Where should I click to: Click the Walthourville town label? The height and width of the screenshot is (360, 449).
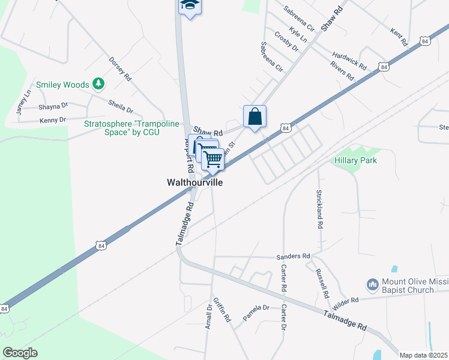(194, 182)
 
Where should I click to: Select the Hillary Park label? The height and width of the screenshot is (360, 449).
(355, 160)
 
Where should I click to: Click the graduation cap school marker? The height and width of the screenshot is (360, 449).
(190, 5)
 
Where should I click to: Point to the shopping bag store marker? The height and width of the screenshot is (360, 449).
(255, 116)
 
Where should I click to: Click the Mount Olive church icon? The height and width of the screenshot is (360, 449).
(372, 283)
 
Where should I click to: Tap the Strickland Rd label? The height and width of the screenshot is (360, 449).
(320, 208)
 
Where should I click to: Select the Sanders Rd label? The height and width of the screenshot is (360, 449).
(293, 256)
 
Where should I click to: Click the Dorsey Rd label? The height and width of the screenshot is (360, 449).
(119, 68)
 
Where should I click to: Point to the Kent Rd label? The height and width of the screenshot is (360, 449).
(399, 38)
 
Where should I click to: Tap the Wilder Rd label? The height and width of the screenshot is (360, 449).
(345, 301)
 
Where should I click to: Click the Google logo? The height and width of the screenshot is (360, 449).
(20, 353)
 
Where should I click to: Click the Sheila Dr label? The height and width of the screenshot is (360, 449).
(121, 106)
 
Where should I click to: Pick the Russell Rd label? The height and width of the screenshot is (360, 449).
(322, 283)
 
